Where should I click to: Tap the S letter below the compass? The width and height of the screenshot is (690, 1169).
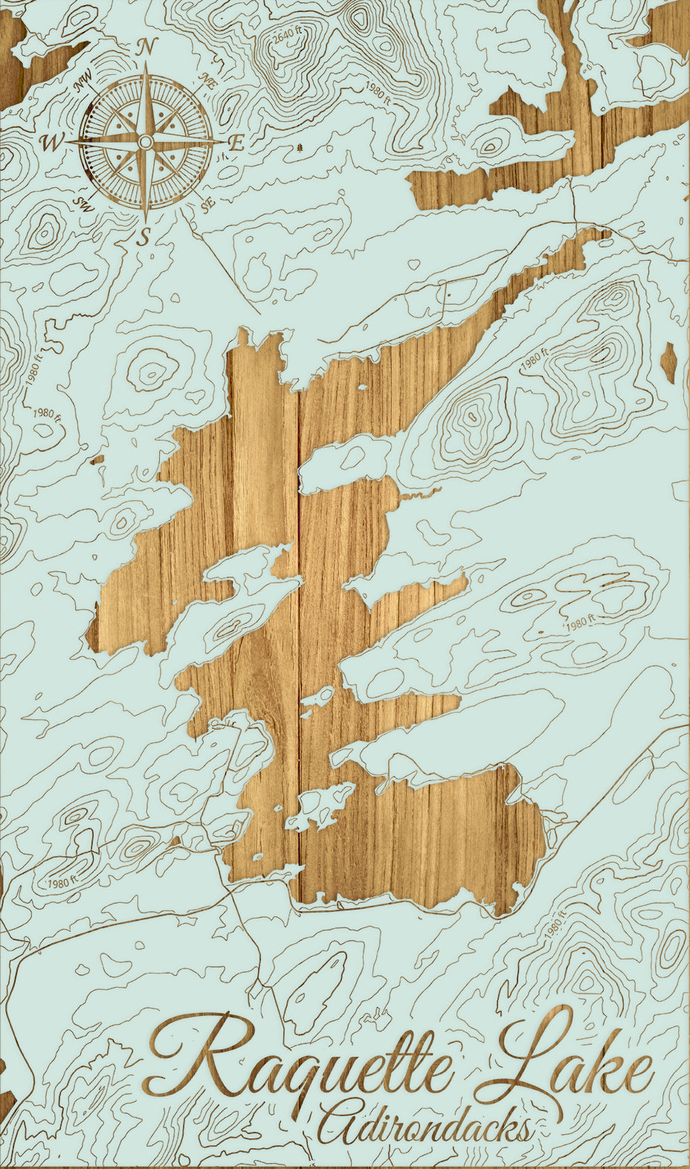pyautogui.click(x=146, y=237)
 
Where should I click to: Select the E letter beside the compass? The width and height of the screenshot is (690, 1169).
pyautogui.click(x=237, y=143)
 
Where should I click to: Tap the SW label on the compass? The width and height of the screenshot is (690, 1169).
pyautogui.click(x=83, y=204)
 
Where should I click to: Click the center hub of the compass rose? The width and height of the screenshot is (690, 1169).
pyautogui.click(x=146, y=142)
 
